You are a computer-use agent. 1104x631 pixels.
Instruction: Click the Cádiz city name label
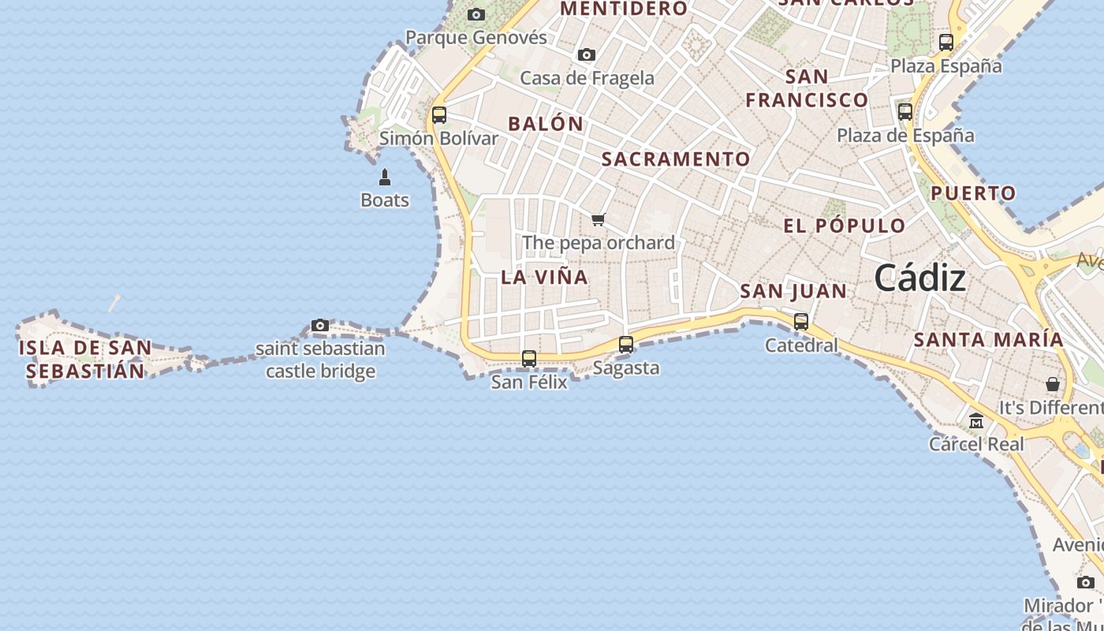click(x=919, y=278)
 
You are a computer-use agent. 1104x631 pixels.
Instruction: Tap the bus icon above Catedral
click(x=801, y=321)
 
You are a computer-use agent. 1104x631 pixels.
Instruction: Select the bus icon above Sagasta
click(x=626, y=344)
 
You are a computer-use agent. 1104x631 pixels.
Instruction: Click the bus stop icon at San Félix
click(x=529, y=358)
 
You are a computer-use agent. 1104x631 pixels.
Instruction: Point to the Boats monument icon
click(x=385, y=177)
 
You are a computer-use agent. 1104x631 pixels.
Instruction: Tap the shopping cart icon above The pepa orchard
click(x=599, y=219)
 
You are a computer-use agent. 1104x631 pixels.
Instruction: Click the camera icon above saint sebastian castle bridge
click(x=320, y=325)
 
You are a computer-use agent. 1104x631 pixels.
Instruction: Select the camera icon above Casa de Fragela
click(x=586, y=54)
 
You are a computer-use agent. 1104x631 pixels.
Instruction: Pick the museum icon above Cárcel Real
click(x=976, y=420)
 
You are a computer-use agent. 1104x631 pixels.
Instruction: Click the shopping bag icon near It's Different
click(x=1053, y=384)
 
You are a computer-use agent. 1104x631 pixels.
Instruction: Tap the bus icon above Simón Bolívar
click(x=439, y=114)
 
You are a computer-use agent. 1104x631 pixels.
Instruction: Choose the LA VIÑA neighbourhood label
click(x=544, y=277)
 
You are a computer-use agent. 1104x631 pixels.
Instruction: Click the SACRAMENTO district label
click(x=676, y=159)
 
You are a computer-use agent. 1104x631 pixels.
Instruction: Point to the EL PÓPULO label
click(x=845, y=226)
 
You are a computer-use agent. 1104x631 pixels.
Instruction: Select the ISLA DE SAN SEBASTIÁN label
click(x=85, y=359)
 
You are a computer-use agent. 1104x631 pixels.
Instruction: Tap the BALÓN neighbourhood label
click(x=546, y=124)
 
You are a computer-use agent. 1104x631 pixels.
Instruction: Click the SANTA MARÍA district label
click(x=988, y=340)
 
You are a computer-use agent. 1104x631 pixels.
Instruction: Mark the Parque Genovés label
click(x=476, y=37)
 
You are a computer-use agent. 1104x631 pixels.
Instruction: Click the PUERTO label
click(x=973, y=193)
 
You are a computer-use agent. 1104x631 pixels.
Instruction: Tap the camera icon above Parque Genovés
click(x=476, y=14)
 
